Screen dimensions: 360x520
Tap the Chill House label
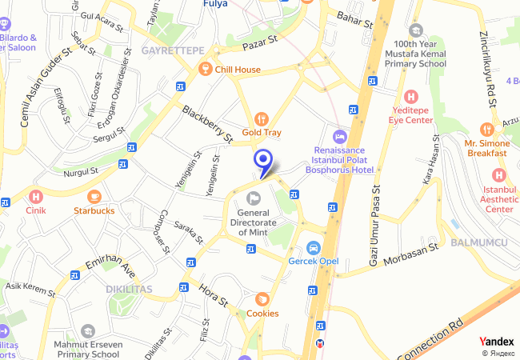point(236,70)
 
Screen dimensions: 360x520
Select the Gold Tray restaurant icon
point(260,119)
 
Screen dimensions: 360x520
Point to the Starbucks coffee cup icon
point(94,196)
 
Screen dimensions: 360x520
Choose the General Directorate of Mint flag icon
point(254,198)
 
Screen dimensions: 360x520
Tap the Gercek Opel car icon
point(314,247)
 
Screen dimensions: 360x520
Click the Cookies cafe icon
point(262,299)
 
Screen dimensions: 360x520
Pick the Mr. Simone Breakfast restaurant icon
point(486,128)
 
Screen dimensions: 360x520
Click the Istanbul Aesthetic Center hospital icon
point(499,175)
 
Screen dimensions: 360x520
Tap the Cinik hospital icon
point(35,196)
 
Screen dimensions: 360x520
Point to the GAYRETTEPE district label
point(173,50)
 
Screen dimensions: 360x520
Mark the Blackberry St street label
point(207,124)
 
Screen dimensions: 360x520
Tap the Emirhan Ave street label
point(110,261)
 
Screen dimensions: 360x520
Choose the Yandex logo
point(496,341)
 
